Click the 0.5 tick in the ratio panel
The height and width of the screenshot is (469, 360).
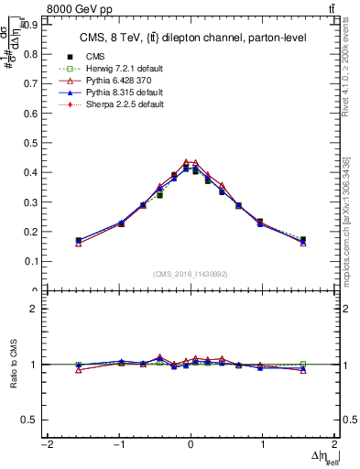point(31,420)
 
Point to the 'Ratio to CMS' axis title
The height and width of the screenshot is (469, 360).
point(14,365)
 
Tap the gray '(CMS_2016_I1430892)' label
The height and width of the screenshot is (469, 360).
point(191,274)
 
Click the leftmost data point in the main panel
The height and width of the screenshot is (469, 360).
point(79,242)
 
